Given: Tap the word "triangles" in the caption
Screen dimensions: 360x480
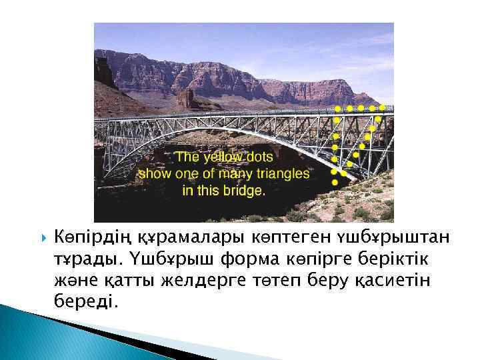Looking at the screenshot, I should click(282, 173).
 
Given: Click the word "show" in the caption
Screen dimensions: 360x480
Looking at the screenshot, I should click(155, 173).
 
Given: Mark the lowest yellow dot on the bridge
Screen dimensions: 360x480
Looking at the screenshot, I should click(334, 181).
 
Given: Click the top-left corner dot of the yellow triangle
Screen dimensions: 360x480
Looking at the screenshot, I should click(337, 108).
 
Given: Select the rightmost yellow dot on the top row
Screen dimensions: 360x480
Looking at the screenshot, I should click(383, 107).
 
